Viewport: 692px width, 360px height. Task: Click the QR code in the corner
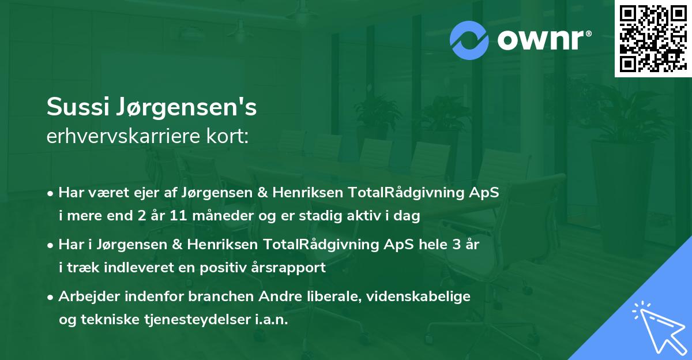coord(653,38)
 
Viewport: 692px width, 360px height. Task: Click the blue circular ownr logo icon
coord(468,40)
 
